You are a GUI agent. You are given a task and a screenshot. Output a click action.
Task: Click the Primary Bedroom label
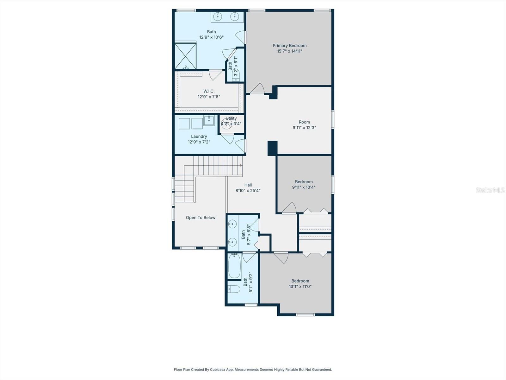pos(289,46)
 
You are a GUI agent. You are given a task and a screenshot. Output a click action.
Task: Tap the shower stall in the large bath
pos(186,56)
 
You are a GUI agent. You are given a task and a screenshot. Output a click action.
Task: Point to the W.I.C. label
pos(209,91)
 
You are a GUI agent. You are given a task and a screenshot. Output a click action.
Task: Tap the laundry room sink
pos(209,121)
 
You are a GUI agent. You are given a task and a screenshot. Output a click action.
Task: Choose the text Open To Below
pos(201,218)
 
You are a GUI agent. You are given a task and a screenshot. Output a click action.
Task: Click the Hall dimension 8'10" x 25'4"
pos(248,191)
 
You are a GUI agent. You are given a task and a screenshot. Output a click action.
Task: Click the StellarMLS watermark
pos(490,190)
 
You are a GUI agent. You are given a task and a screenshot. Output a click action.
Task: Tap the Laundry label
pos(199,136)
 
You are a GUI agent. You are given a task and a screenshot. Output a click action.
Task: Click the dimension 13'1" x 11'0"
pos(300,286)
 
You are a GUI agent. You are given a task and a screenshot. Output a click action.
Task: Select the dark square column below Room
pos(272,148)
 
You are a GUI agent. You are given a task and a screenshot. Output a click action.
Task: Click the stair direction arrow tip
pos(242,165)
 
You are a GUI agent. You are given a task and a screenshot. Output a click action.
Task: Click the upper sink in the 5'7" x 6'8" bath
pos(232,224)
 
